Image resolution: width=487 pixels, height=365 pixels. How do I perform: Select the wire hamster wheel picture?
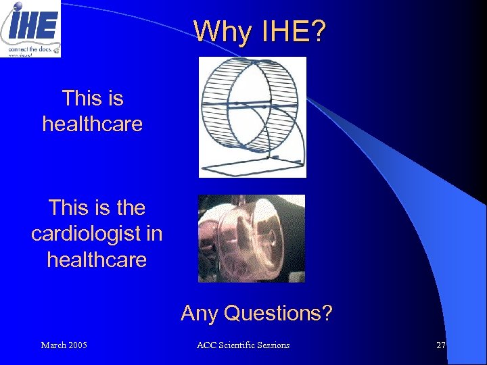coord(252,116)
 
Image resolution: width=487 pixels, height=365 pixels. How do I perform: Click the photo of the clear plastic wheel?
coord(251,238)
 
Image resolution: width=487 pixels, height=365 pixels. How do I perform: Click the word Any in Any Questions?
coord(200,313)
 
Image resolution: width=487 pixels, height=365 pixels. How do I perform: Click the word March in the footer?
coord(53,345)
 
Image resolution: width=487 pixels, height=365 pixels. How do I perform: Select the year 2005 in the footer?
coord(77,345)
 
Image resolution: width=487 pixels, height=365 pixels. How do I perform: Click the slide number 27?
coord(441,345)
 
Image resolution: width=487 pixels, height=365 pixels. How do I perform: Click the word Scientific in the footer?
coord(237,345)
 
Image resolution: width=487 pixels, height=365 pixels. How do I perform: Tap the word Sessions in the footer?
coord(274,345)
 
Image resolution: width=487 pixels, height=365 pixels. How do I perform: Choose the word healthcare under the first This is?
coord(92,124)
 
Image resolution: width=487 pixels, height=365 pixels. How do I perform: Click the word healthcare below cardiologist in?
coord(97,259)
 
